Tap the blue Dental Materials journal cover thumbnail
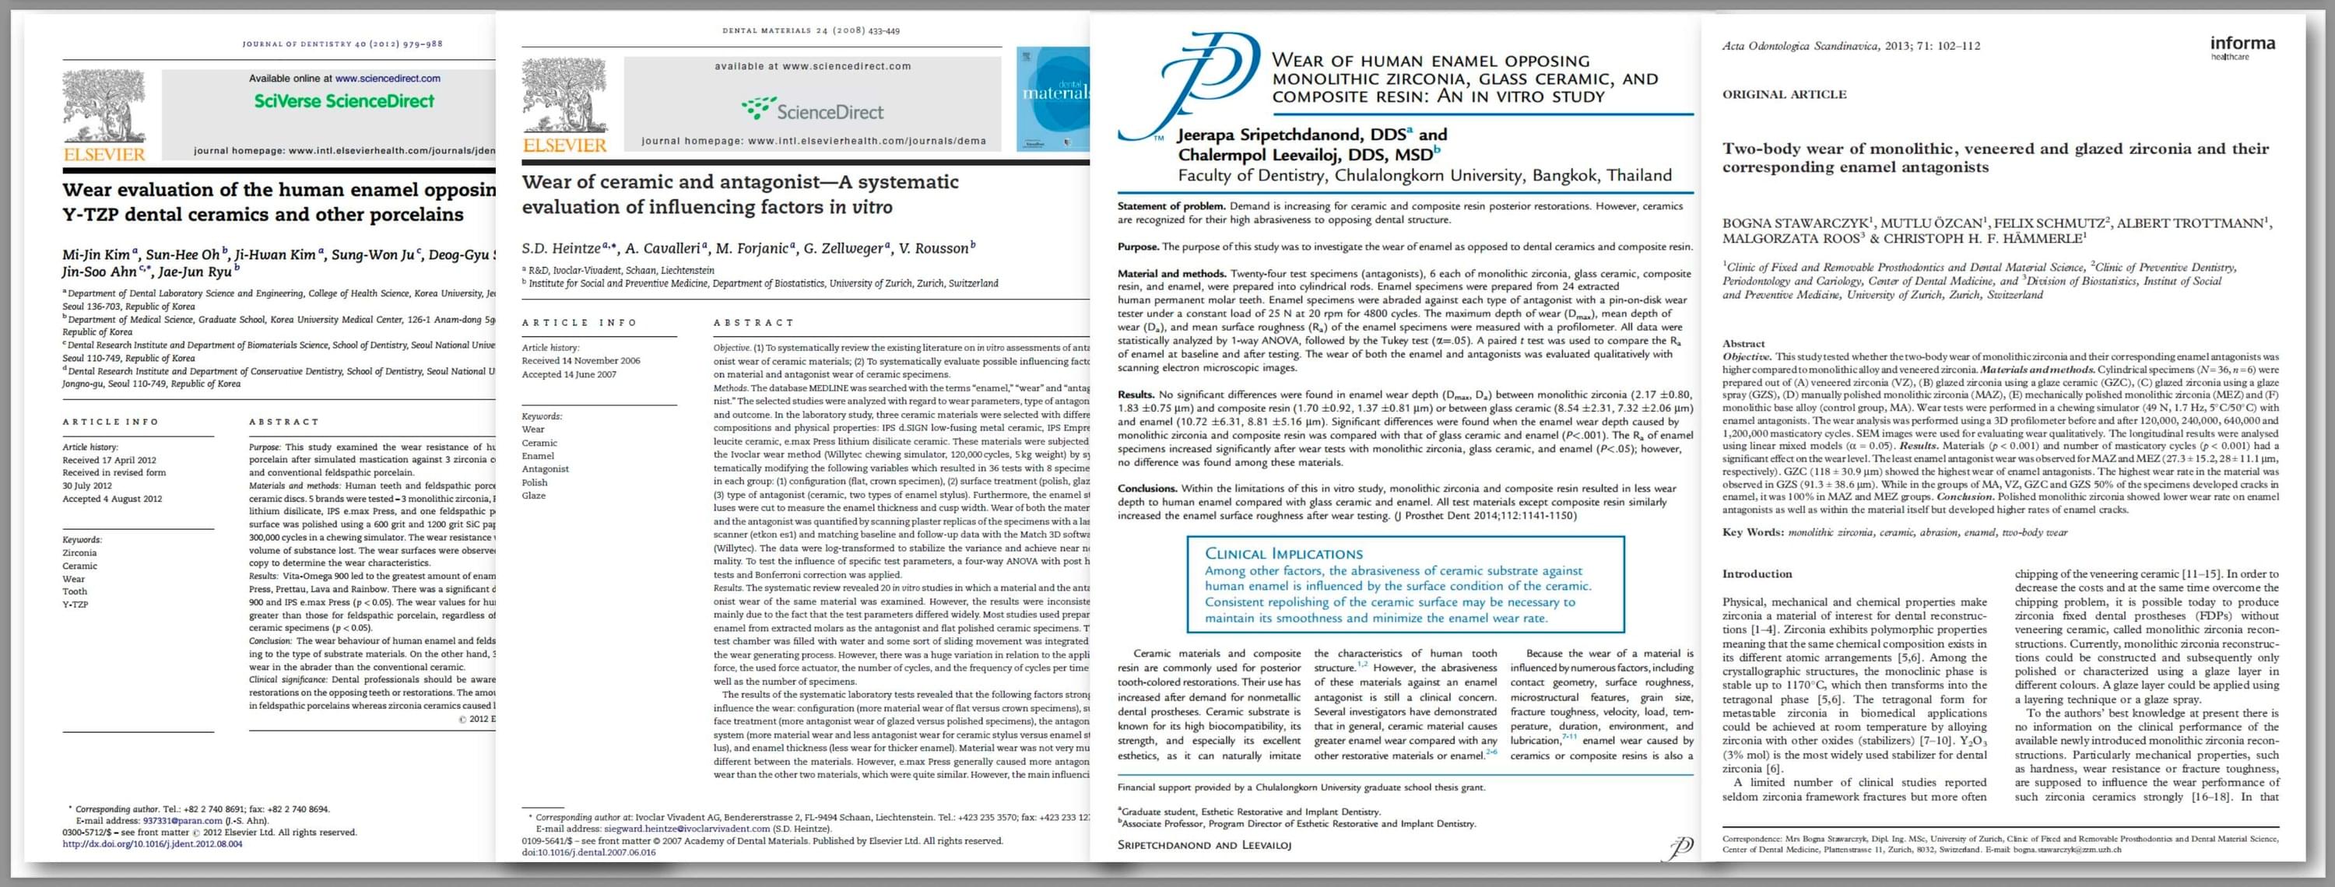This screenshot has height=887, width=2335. [1053, 100]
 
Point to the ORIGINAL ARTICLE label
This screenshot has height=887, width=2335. [1784, 94]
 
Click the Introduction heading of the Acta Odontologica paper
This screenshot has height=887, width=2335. [1757, 573]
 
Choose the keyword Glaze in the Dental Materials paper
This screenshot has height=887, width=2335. [534, 496]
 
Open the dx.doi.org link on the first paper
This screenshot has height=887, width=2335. [153, 843]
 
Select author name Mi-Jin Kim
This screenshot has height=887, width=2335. [98, 254]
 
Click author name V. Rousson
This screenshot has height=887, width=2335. [937, 248]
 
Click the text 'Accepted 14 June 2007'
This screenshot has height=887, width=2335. [568, 374]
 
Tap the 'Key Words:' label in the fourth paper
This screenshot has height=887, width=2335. [1752, 532]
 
